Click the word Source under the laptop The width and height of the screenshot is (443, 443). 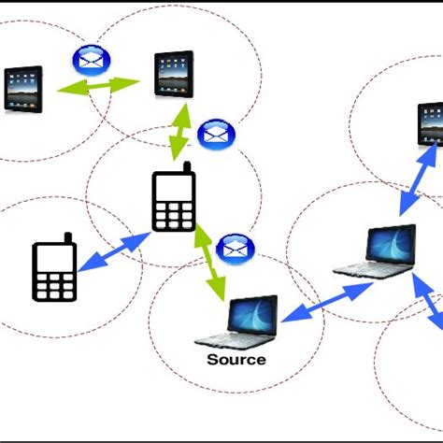click(x=236, y=360)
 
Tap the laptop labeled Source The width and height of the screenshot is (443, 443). click(x=238, y=322)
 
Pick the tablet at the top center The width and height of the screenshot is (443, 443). click(x=173, y=75)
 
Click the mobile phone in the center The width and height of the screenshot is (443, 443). click(x=174, y=198)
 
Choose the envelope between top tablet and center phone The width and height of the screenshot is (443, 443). click(x=216, y=132)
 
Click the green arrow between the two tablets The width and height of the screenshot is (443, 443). click(x=98, y=87)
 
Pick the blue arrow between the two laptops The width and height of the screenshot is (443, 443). click(x=324, y=302)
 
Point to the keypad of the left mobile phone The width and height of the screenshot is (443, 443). click(x=54, y=283)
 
